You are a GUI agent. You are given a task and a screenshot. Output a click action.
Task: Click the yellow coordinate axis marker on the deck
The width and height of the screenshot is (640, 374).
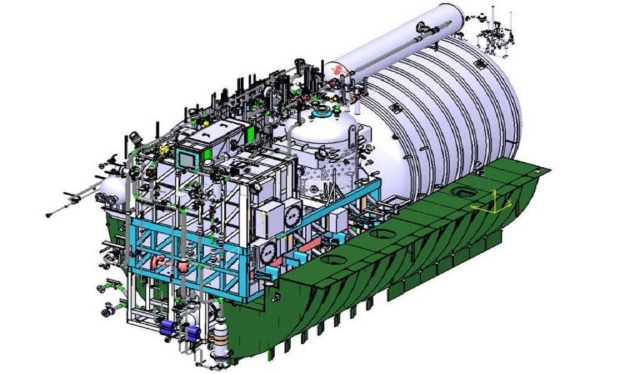494,203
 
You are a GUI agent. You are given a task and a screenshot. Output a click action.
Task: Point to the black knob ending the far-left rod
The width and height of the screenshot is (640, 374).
49,215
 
